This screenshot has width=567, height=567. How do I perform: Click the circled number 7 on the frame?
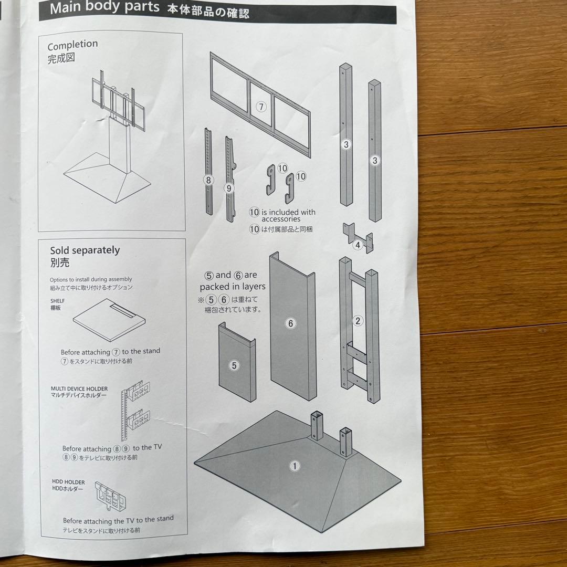point(261,107)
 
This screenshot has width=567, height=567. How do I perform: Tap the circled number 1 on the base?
point(295,465)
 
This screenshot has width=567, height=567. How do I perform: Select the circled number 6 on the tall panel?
point(291,323)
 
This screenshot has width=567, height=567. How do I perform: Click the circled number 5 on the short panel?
point(235,366)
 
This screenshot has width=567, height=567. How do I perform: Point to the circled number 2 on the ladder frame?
point(358,321)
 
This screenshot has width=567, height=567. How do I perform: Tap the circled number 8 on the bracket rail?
point(208,180)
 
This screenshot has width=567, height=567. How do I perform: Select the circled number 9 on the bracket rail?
point(228,187)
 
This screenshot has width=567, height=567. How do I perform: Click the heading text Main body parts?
point(104,8)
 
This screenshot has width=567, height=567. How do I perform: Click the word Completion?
point(72,45)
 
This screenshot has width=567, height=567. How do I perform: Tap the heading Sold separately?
point(85,250)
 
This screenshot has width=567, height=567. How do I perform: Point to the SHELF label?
point(58,300)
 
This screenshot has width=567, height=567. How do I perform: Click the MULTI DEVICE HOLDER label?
point(79,389)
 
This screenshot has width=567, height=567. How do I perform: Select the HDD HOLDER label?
point(68,481)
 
